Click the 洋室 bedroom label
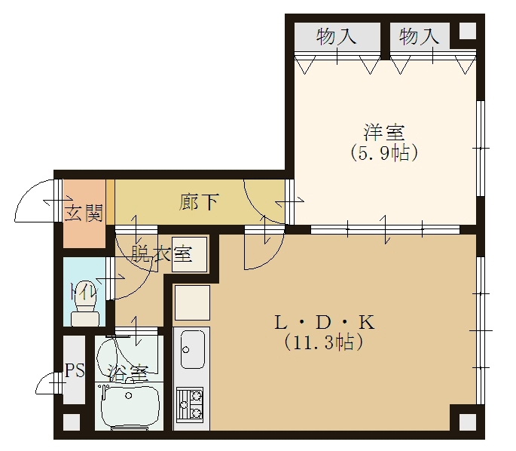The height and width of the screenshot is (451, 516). [384, 133]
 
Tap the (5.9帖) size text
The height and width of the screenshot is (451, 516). [384, 153]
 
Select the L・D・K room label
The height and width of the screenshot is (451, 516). [325, 323]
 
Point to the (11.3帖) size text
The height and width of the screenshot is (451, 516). [324, 342]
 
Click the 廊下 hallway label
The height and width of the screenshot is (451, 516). [199, 202]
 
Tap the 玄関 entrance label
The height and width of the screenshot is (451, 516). [84, 213]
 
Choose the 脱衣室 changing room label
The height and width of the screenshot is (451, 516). [161, 253]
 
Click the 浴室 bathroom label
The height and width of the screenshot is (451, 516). [128, 373]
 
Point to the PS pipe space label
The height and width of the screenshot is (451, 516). [75, 370]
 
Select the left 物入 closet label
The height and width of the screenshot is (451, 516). [336, 36]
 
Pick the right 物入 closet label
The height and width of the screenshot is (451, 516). [419, 36]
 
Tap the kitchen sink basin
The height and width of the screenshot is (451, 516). [192, 349]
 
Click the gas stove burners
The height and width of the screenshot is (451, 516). [190, 404]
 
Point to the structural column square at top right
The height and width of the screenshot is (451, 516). [467, 32]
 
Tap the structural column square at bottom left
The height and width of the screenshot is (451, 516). [72, 422]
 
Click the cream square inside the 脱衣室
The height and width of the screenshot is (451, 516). [190, 254]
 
